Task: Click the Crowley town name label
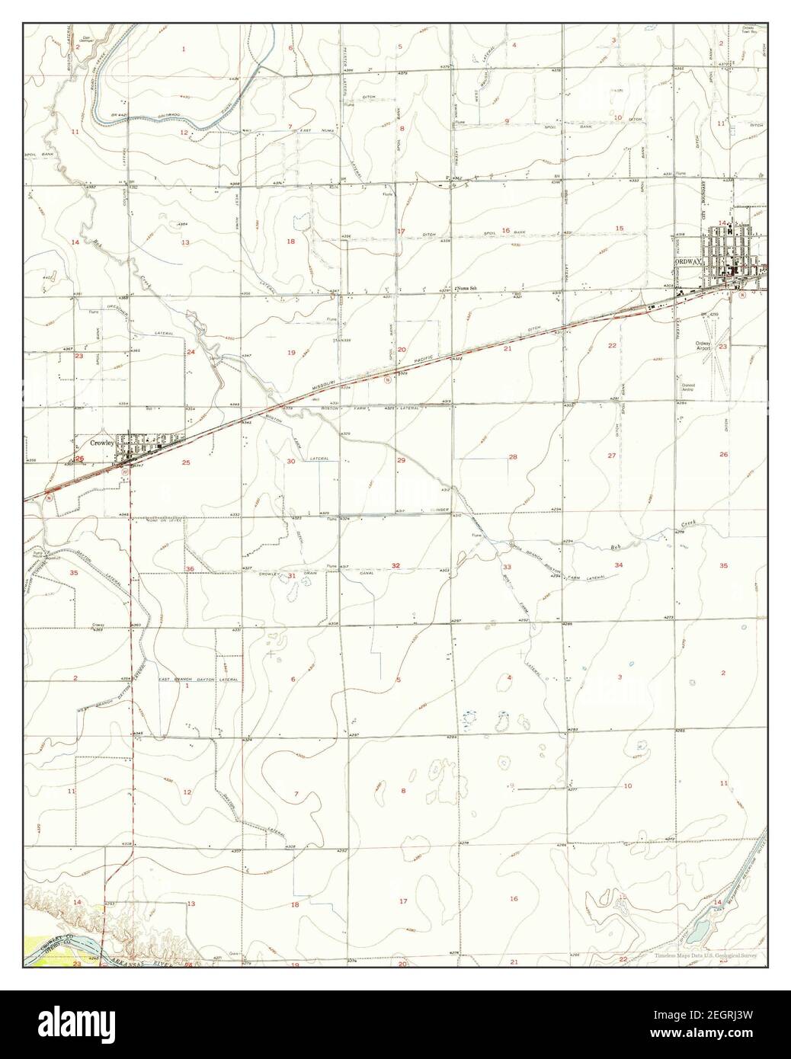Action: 101,442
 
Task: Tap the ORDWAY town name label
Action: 689,261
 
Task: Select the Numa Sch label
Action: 467,289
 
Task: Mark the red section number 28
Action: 513,457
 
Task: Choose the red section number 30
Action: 290,462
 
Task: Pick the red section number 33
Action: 507,567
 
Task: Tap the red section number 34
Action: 620,565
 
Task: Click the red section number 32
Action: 395,565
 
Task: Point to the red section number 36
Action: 190,569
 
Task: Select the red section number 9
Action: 506,121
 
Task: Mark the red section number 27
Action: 611,456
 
